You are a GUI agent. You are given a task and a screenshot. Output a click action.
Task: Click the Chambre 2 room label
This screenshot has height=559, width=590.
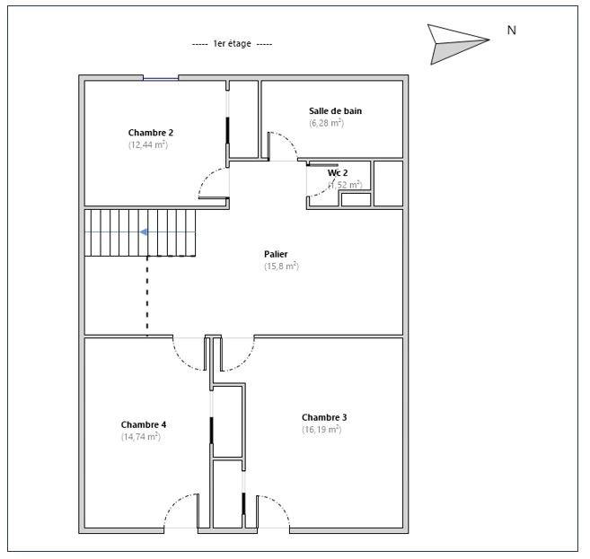pos(150,132)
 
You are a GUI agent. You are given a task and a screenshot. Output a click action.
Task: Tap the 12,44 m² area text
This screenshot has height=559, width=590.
pos(148,144)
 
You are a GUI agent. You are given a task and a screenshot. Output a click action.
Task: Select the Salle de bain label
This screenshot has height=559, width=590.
pos(335,111)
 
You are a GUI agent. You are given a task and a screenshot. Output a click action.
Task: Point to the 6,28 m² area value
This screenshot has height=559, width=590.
pos(326,123)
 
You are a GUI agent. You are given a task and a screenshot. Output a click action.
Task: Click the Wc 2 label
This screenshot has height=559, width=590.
pos(337,172)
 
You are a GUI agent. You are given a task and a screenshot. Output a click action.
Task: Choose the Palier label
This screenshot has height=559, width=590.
pos(276,254)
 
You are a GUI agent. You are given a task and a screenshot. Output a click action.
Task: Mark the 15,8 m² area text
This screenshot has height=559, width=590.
pos(281,266)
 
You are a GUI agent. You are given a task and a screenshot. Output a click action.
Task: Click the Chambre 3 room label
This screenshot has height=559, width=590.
pos(324,417)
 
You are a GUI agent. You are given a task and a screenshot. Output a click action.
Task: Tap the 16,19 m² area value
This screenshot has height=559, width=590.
pos(321,430)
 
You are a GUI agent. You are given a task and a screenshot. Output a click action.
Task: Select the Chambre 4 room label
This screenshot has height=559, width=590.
pos(143,424)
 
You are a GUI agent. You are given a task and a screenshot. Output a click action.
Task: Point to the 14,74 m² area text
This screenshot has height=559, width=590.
pos(141,437)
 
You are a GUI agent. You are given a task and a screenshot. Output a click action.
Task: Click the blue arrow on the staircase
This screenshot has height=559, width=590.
pos(144,232)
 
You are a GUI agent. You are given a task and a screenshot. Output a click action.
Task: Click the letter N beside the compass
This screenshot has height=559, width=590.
pos(511,31)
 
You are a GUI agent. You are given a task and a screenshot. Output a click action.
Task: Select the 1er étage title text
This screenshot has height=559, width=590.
pos(232,44)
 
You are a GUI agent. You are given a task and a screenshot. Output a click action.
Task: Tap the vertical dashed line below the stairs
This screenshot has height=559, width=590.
pos(147,296)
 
